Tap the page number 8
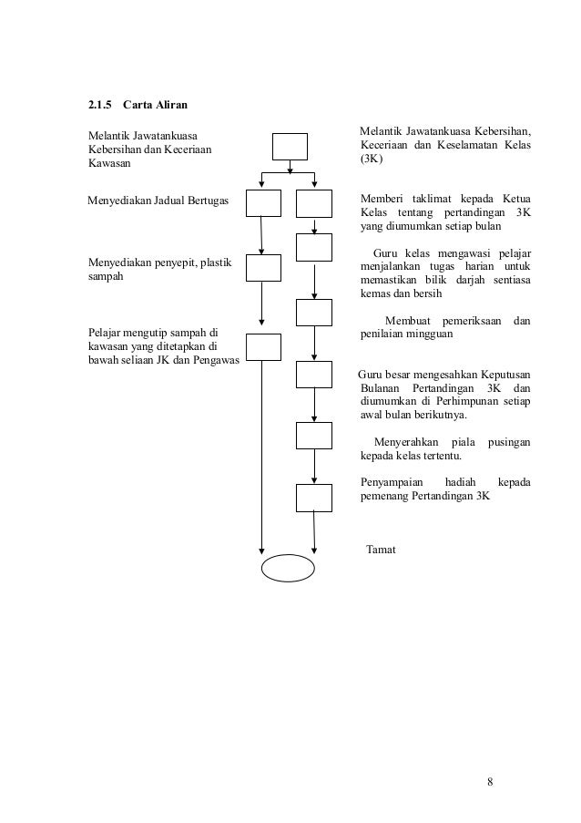point(491,781)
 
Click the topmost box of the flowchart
point(290,146)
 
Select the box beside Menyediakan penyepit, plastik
point(262,268)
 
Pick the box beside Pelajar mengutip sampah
point(262,346)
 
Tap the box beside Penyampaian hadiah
point(314,498)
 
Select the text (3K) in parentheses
point(372,159)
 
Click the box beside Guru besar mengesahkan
point(314,375)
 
